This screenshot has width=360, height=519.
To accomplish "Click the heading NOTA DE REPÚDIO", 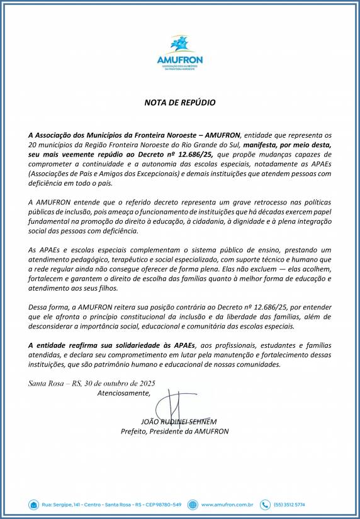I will tap(179, 102).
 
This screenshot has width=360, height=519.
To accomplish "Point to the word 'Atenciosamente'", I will tap(124, 394).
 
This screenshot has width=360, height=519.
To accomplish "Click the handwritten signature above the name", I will tap(171, 406).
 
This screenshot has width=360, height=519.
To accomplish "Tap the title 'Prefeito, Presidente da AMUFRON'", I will tap(174, 432).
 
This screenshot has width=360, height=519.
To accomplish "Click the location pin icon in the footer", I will tap(33, 504).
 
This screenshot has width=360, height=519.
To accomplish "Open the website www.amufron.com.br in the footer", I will tap(227, 505).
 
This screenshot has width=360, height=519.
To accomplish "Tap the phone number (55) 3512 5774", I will tap(291, 505).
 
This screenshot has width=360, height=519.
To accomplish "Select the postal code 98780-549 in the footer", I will tap(164, 505).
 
